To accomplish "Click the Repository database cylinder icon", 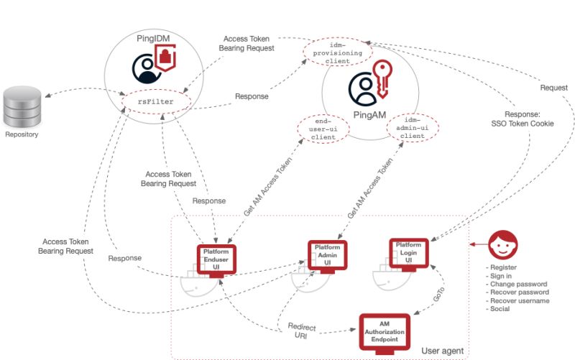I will [23, 106].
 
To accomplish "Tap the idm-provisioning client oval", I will [337, 52].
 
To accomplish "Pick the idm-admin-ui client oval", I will [413, 129].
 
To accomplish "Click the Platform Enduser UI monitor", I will [216, 260].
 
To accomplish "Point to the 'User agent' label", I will [441, 350].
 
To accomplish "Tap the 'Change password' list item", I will [517, 285].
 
